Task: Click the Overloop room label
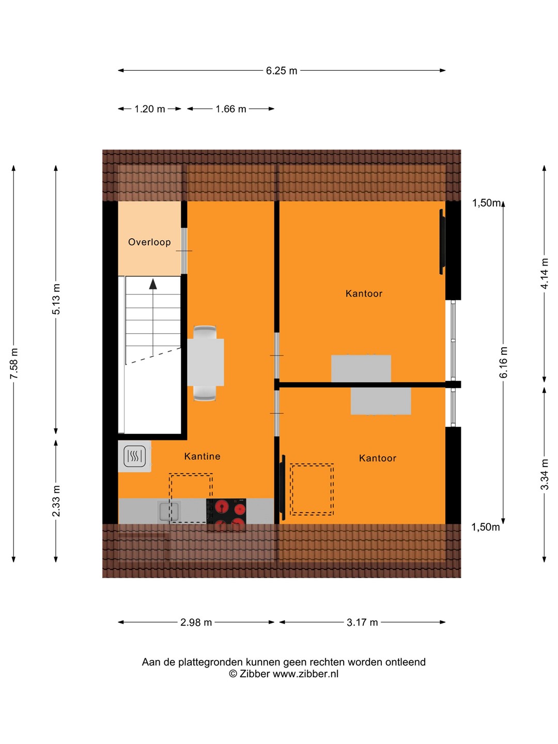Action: point(149,242)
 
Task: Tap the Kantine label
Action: point(202,456)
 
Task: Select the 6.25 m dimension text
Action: point(281,70)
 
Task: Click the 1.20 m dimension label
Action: point(149,109)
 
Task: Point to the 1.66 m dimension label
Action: point(231,109)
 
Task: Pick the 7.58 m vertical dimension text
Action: point(14,363)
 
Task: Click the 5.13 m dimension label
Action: point(56,299)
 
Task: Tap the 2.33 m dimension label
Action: point(56,501)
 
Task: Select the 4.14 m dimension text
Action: point(544,273)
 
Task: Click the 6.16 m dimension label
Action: point(503,362)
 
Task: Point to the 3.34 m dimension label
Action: point(544,474)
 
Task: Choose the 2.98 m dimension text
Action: point(196,622)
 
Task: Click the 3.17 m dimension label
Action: point(362,622)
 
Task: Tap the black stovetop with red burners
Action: point(226,515)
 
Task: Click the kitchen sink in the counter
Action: point(169,511)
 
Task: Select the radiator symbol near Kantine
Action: point(134,456)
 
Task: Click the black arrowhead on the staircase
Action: point(153,284)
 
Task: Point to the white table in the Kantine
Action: point(205,362)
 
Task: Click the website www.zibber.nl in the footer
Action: point(305,674)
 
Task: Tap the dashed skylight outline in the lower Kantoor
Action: point(312,489)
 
